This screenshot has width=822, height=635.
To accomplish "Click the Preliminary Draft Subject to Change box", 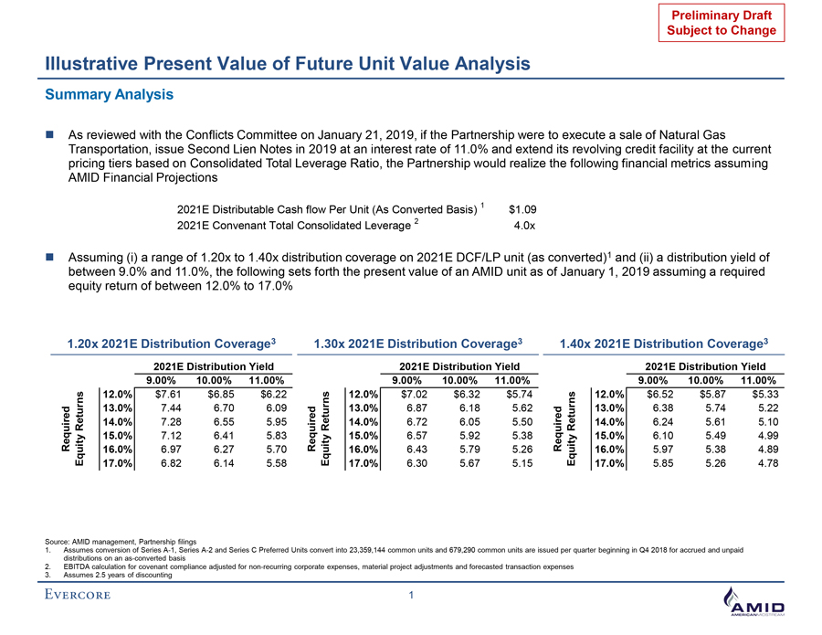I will point(717,23).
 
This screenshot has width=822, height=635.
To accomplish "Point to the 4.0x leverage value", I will point(524,226).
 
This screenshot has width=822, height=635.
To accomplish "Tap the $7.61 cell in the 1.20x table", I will point(173,394).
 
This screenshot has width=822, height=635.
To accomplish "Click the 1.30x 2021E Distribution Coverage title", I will point(416,344).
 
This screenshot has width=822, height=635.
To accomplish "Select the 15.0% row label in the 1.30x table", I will point(361,436).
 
